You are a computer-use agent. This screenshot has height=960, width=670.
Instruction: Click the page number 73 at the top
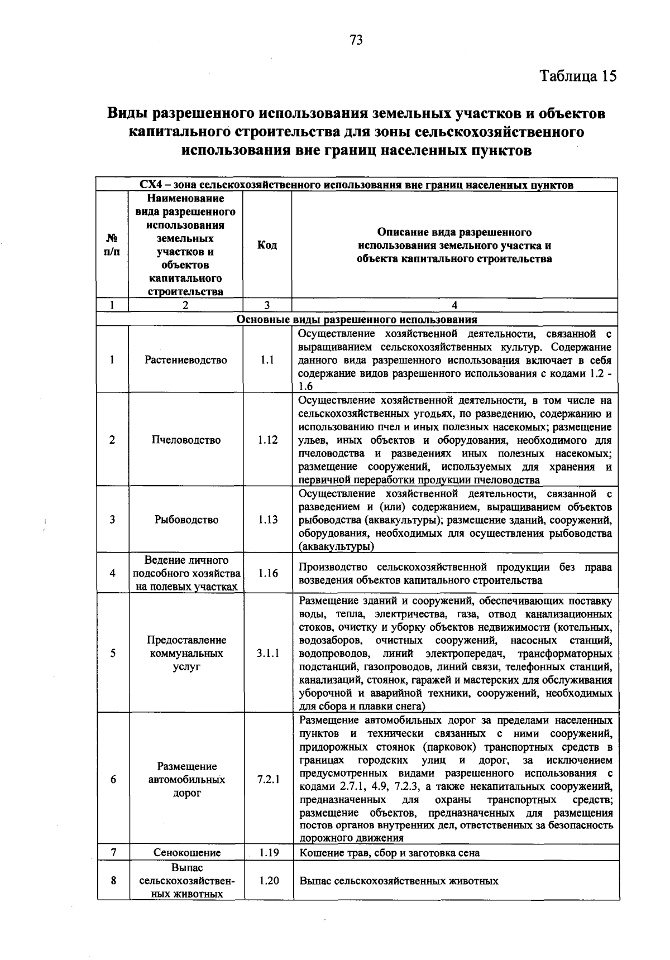356,40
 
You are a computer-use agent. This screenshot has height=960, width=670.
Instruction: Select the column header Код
267,245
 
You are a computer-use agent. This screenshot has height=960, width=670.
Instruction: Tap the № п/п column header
112,245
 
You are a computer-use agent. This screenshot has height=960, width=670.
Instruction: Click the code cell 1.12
268,440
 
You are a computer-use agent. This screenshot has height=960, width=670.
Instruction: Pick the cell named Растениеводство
186,360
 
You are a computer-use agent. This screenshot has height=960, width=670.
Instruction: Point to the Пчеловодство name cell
186,440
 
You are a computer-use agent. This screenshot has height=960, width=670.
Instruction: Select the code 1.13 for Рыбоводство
268,520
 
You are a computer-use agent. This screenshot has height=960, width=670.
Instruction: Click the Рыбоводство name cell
186,520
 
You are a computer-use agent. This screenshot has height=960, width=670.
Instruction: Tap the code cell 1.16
268,573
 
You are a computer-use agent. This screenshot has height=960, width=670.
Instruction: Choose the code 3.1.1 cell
268,653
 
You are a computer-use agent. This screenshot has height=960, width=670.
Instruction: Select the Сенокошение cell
187,853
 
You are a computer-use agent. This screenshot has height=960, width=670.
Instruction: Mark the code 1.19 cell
268,853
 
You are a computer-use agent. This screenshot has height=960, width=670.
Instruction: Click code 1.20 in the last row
268,881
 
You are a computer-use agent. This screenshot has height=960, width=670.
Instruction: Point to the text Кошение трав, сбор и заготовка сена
390,853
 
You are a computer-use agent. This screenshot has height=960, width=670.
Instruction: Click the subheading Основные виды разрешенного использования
357,319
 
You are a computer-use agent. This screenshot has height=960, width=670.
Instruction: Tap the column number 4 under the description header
454,305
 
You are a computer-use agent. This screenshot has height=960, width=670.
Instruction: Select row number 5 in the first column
113,653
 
